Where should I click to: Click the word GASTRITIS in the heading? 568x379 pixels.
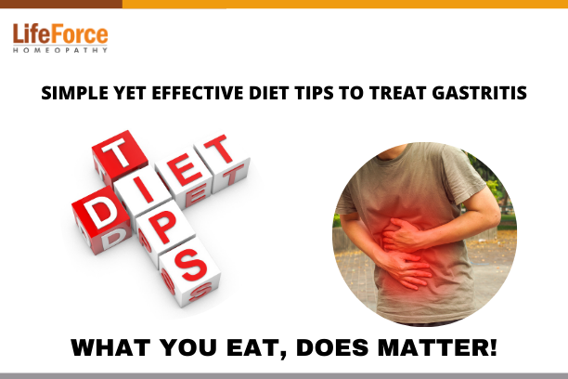479,93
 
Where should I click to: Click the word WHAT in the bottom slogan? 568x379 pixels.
110,347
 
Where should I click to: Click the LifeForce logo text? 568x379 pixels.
60,34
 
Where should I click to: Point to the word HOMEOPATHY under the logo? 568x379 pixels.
60,50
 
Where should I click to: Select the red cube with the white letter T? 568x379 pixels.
120,156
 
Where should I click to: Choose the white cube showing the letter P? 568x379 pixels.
161,232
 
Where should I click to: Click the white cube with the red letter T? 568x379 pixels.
222,163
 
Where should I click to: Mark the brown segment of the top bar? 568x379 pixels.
61,4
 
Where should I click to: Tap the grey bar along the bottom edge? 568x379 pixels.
284,376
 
